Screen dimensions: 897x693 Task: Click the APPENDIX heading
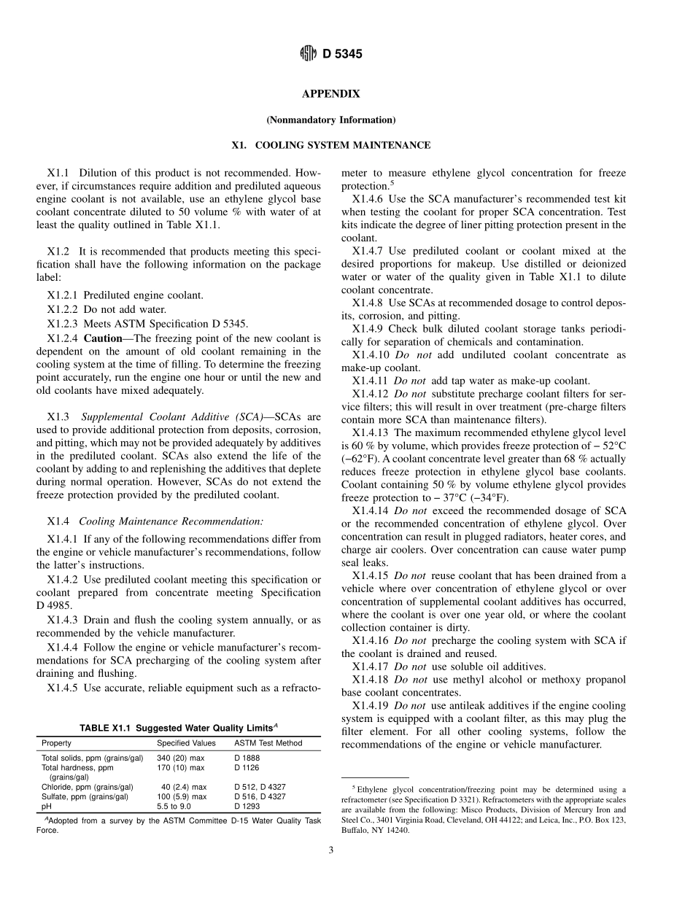click(x=330, y=94)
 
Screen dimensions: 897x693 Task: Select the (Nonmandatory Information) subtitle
click(x=330, y=120)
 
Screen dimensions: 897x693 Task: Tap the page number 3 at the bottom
click(x=330, y=848)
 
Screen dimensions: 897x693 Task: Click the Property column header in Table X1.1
click(x=56, y=743)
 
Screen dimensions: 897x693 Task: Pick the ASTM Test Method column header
click(x=268, y=743)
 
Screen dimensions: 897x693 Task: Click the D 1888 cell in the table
click(x=247, y=758)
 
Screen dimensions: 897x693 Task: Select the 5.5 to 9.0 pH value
click(x=174, y=807)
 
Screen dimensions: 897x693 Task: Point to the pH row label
click(x=46, y=807)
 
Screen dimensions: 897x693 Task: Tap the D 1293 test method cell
click(x=247, y=807)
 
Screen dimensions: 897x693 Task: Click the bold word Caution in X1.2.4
click(x=103, y=338)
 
